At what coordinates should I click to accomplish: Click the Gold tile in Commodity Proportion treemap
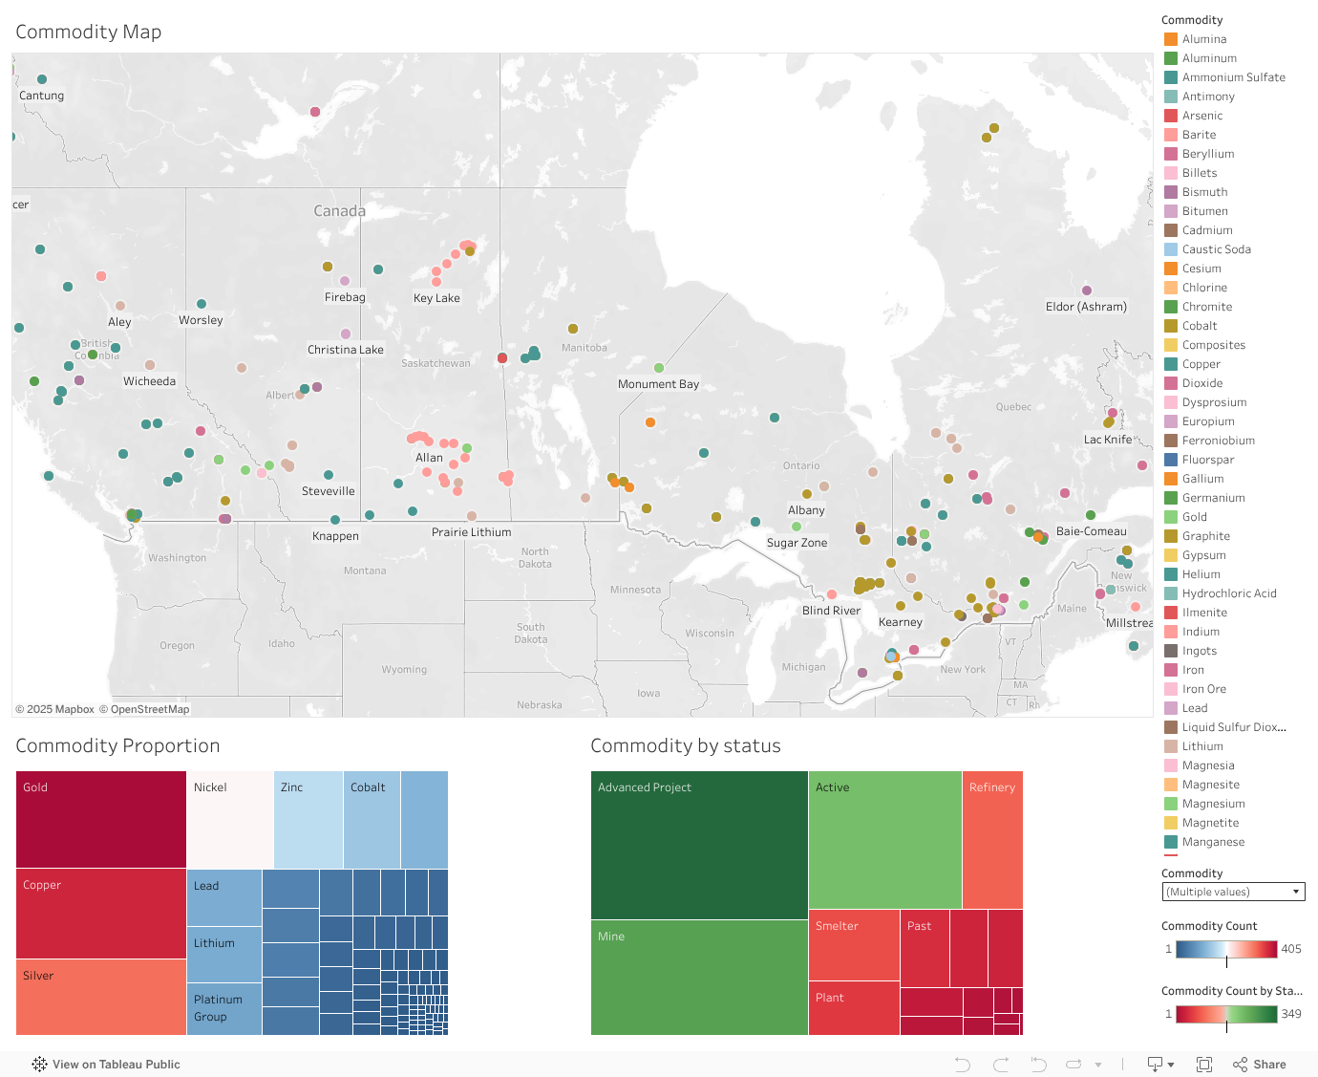(101, 819)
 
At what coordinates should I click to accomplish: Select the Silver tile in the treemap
(101, 997)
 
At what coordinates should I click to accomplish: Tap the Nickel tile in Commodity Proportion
(230, 819)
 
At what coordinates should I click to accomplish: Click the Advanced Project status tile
(699, 845)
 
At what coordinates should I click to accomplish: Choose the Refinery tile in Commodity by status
(992, 839)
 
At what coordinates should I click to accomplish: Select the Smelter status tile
(854, 944)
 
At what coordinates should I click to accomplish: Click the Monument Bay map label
(658, 384)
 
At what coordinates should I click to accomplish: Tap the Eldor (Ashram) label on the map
(1086, 307)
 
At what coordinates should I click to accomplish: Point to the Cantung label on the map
(42, 96)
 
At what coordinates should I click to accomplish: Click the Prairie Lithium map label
(471, 532)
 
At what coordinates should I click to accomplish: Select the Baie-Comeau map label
(1091, 531)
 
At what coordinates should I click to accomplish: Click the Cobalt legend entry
(1200, 326)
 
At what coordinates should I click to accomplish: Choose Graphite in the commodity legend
(1205, 536)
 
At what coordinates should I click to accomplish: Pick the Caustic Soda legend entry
(1216, 249)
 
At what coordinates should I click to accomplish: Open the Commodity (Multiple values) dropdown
(1233, 892)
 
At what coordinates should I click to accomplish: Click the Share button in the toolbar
(1260, 1065)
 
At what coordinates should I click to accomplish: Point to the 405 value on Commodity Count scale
(1291, 949)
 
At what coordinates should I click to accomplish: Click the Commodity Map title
(89, 32)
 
